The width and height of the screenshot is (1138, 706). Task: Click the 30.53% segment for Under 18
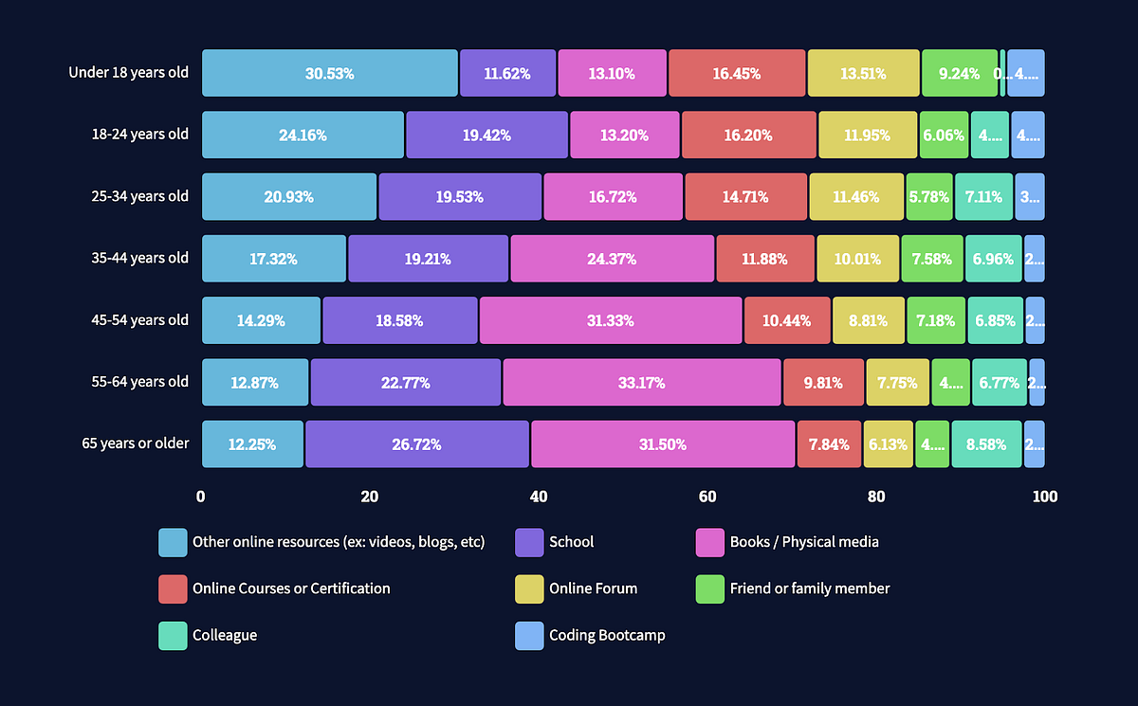[329, 73]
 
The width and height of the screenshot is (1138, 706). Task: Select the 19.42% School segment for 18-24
[486, 135]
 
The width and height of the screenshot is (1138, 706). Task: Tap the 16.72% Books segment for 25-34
[613, 197]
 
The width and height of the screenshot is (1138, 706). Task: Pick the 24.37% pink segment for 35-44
[612, 259]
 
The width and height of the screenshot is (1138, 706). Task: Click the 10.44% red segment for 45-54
[787, 320]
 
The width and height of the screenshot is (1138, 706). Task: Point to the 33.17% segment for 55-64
[641, 383]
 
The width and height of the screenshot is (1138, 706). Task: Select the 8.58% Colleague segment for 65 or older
[986, 444]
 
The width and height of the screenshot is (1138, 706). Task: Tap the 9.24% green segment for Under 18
[959, 73]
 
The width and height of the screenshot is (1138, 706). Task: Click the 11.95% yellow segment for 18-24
[867, 135]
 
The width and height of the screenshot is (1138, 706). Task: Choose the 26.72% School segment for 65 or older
[416, 444]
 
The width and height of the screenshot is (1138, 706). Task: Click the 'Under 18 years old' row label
[128, 72]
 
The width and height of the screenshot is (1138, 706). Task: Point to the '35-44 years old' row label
[139, 258]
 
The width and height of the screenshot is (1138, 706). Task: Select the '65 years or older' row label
[135, 443]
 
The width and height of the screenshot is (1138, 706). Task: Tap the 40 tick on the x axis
[539, 497]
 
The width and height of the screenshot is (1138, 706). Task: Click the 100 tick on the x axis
[1045, 497]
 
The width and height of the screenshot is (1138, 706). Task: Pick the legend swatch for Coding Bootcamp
[529, 636]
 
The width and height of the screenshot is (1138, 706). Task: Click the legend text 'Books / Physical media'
[804, 542]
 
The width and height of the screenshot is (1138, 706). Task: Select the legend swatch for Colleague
[173, 636]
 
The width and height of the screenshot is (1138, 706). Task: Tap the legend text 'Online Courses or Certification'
[291, 588]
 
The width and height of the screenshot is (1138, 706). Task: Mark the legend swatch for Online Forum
[529, 588]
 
